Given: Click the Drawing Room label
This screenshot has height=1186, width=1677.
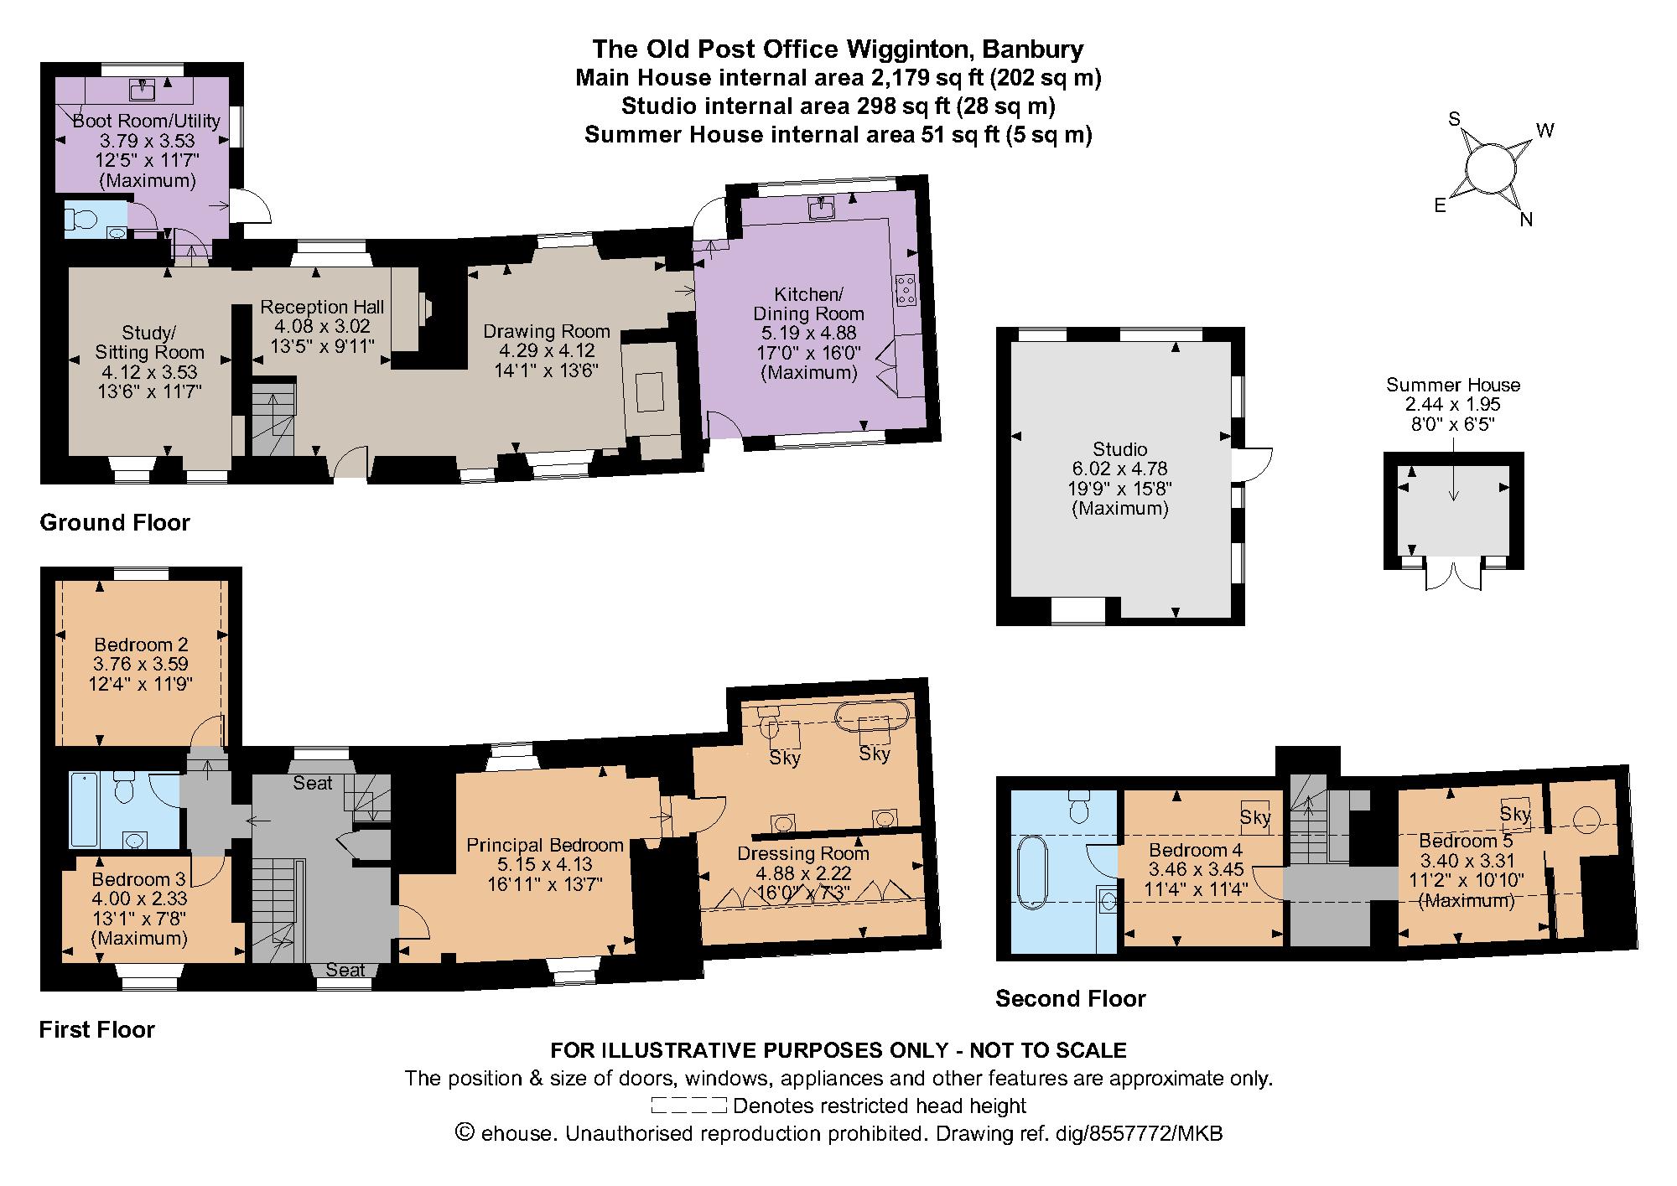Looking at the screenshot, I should click(x=546, y=331).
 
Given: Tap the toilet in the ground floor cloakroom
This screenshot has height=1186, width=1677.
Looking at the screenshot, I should click(x=81, y=220).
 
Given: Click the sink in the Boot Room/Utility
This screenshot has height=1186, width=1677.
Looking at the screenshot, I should click(x=142, y=89).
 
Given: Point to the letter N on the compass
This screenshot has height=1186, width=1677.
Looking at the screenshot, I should click(x=1526, y=220).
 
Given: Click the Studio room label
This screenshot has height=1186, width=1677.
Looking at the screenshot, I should click(x=1119, y=449).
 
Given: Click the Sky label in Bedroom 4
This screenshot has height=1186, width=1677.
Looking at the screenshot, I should click(x=1255, y=817).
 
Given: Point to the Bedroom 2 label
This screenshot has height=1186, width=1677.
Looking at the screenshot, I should click(x=141, y=645).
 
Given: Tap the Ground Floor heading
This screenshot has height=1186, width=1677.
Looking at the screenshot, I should click(x=115, y=523).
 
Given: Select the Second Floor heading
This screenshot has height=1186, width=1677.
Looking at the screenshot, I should click(x=1070, y=998).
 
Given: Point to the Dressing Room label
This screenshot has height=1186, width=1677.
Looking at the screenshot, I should click(x=802, y=853).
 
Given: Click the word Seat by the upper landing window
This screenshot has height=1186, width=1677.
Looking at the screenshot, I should click(x=312, y=783).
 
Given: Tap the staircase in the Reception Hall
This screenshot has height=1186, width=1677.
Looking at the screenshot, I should click(x=274, y=419).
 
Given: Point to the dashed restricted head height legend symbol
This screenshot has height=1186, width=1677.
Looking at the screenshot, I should click(x=688, y=1105).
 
